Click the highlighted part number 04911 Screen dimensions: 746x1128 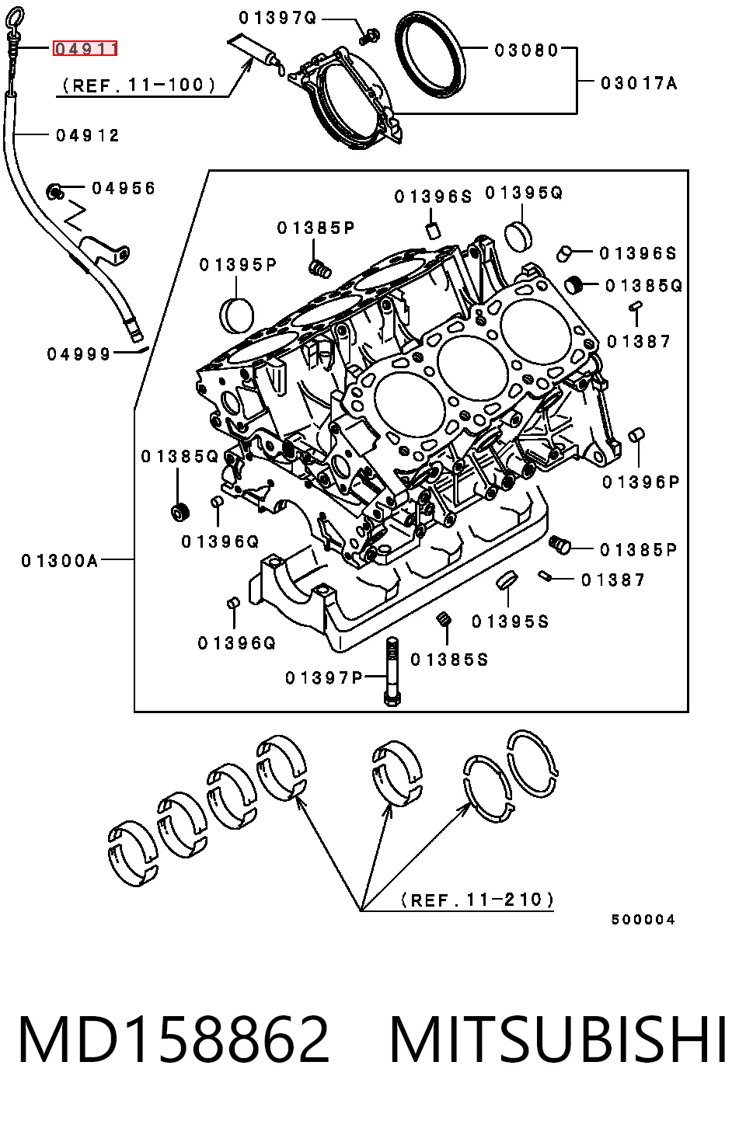pyautogui.click(x=85, y=48)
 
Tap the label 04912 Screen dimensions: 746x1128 pyautogui.click(x=88, y=135)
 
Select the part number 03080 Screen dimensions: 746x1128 pyautogui.click(x=526, y=50)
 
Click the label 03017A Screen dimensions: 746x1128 pyautogui.click(x=640, y=83)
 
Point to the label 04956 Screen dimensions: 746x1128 pyautogui.click(x=124, y=188)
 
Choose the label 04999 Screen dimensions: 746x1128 pyautogui.click(x=78, y=354)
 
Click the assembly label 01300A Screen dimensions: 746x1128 pyautogui.click(x=59, y=560)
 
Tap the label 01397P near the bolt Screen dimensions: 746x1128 pyautogui.click(x=324, y=678)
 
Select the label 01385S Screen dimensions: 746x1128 pyautogui.click(x=449, y=660)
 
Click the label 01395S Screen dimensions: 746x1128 pyautogui.click(x=511, y=622)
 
